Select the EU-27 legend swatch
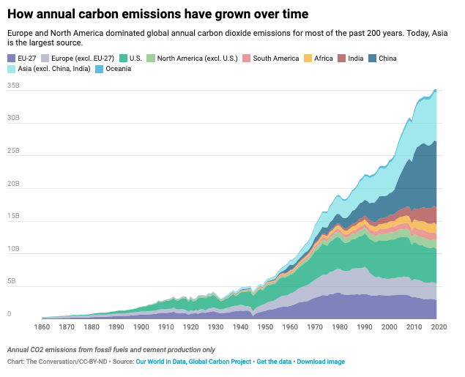pyautogui.click(x=12, y=59)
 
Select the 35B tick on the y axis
pyautogui.click(x=14, y=86)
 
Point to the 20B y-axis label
pyautogui.click(x=14, y=184)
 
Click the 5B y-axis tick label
pyautogui.click(x=12, y=282)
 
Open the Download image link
pyautogui.click(x=321, y=362)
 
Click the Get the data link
pyautogui.click(x=272, y=362)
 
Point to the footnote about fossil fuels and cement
pyautogui.click(x=111, y=349)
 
